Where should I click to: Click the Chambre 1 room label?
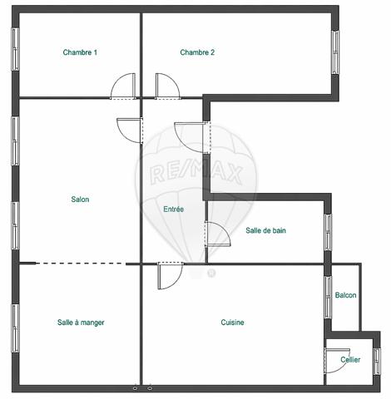[x=80, y=52]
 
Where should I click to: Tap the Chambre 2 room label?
[x=197, y=52]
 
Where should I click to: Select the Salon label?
[x=80, y=199]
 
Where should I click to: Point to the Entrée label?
[x=174, y=209]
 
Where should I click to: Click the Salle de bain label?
[x=265, y=230]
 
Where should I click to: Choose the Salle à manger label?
[x=81, y=323]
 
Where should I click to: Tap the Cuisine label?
[x=232, y=323]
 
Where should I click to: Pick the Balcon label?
[x=345, y=295]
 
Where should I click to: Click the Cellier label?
[x=350, y=359]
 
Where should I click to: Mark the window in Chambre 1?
[x=15, y=49]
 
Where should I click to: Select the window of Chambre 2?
[x=335, y=52]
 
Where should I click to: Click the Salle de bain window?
[x=328, y=232]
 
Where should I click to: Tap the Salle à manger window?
[x=15, y=328]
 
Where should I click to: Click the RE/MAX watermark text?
[x=196, y=174]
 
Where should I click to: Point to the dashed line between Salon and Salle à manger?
[x=81, y=264]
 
